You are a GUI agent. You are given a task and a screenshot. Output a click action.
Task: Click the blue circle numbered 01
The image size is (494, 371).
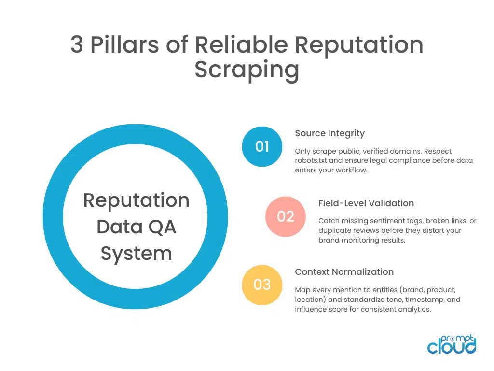click(x=262, y=146)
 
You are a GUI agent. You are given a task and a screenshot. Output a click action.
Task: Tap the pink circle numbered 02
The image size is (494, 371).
click(x=286, y=216)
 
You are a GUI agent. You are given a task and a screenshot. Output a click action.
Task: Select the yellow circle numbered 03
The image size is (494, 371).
click(x=262, y=285)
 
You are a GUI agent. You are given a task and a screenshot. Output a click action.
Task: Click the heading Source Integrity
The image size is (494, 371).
click(x=329, y=133)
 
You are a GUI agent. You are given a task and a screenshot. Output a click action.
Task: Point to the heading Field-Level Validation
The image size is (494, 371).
click(x=366, y=203)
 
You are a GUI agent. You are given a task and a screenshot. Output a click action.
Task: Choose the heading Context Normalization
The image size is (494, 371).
click(x=344, y=271)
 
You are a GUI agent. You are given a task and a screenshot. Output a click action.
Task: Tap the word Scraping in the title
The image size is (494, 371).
click(x=247, y=70)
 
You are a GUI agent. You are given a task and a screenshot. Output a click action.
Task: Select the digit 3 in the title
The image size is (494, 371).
click(x=77, y=45)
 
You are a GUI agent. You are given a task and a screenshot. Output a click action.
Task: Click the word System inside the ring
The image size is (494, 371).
click(x=136, y=253)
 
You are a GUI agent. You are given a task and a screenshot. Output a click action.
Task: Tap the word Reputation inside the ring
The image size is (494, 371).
click(x=136, y=200)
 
